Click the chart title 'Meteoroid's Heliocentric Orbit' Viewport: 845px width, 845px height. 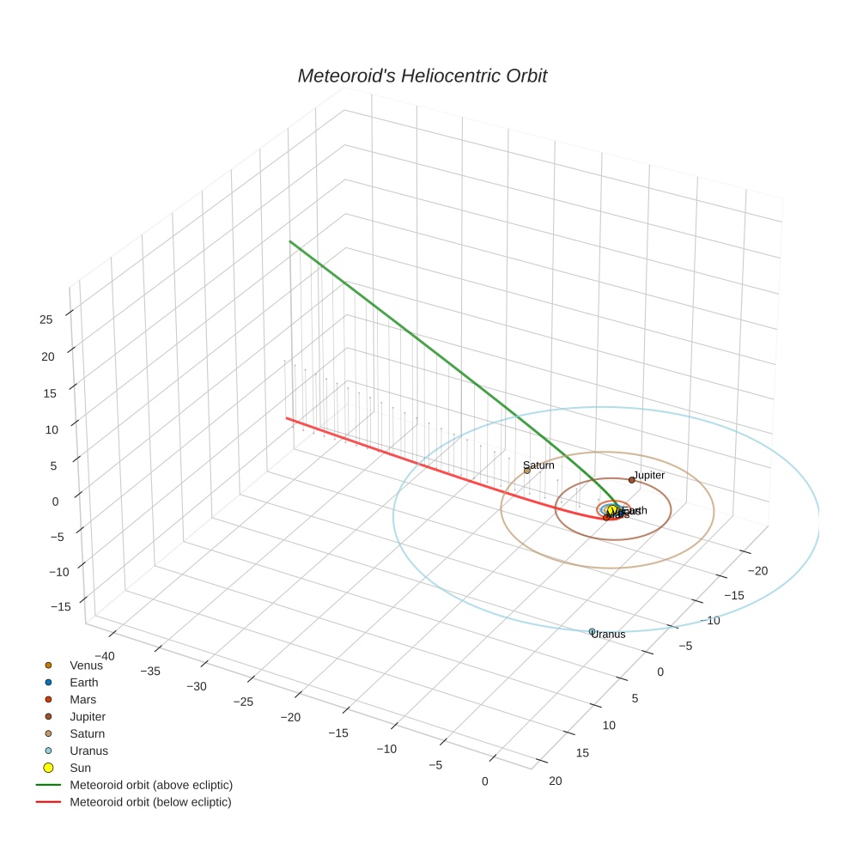pos(422,76)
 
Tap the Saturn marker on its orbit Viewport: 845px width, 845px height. pos(527,471)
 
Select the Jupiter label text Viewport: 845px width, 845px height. pos(648,475)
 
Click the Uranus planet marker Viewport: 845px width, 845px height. pos(592,631)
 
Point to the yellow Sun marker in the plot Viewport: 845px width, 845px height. pos(611,510)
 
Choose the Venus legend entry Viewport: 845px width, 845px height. pos(86,665)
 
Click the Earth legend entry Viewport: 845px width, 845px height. pos(83,682)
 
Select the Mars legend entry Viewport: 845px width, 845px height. pos(82,699)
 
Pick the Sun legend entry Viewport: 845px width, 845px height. pos(80,768)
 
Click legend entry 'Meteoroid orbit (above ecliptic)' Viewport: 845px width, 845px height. pos(151,785)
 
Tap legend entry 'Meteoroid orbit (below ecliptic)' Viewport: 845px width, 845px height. pos(150,802)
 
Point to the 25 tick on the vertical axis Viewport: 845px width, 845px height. pos(46,319)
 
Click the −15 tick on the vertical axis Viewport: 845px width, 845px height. pos(60,606)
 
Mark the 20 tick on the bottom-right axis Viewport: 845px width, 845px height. pos(555,780)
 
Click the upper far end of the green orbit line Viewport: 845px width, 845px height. pos(290,241)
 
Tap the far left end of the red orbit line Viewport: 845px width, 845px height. pos(287,418)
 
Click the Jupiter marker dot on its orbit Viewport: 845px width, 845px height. pos(631,480)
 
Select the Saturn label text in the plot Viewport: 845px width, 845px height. pos(538,465)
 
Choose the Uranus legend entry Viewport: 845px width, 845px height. pos(88,751)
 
